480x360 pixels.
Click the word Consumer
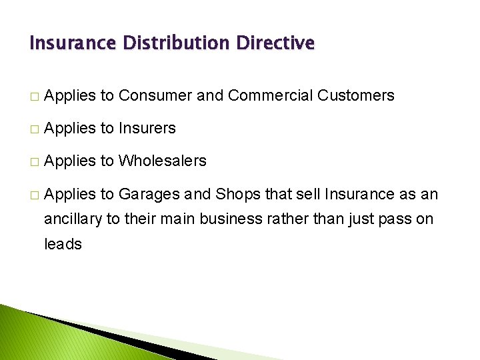155,95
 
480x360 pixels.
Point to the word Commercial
271,95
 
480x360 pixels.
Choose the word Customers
356,95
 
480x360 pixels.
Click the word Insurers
147,128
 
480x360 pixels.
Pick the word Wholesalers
163,161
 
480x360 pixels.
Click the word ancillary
73,219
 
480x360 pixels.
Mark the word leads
63,244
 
